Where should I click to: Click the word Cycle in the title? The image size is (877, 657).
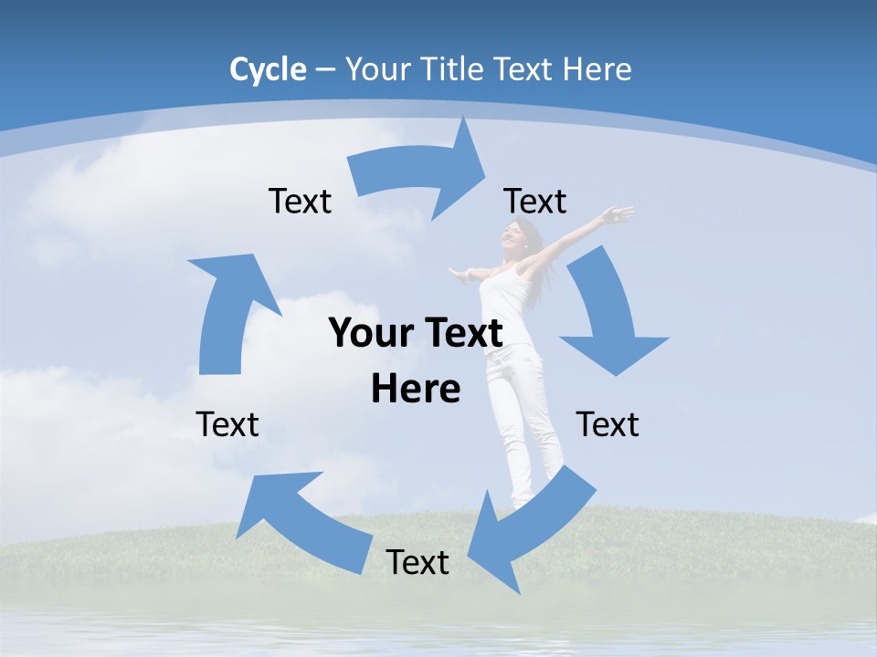click(x=268, y=69)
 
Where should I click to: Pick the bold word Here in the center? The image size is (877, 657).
click(x=416, y=389)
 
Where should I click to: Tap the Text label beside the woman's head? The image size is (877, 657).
click(x=535, y=201)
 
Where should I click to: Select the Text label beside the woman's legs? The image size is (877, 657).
click(x=608, y=424)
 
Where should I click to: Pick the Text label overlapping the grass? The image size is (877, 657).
click(x=417, y=562)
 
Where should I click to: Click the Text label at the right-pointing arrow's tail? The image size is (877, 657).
click(x=300, y=201)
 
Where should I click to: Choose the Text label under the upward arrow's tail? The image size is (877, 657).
click(x=227, y=424)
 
